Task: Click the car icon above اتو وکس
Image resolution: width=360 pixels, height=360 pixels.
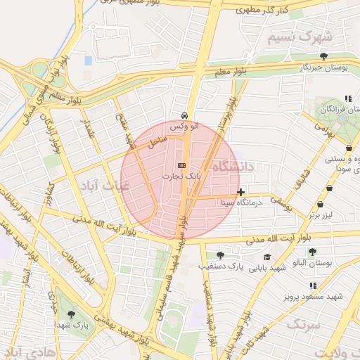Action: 184,115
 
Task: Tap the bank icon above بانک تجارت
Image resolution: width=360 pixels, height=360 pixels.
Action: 182,165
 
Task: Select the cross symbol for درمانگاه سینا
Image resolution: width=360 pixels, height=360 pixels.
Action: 241,192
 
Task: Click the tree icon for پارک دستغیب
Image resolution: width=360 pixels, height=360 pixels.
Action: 220,255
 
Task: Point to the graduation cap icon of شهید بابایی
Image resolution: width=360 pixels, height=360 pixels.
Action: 267,257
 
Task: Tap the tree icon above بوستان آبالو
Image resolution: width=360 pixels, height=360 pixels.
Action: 312,252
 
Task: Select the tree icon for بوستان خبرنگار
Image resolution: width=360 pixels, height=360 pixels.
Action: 323,56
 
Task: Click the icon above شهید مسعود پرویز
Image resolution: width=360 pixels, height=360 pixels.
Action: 313,285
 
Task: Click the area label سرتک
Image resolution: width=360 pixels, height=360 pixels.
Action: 303,325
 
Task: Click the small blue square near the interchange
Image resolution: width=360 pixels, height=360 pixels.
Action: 88,60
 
